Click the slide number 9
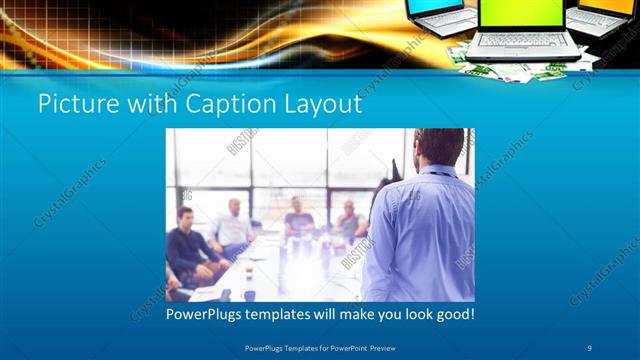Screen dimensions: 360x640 pyautogui.click(x=590, y=346)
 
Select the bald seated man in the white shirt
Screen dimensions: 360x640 pyautogui.click(x=232, y=226)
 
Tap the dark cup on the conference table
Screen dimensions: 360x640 pyautogui.click(x=249, y=293)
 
